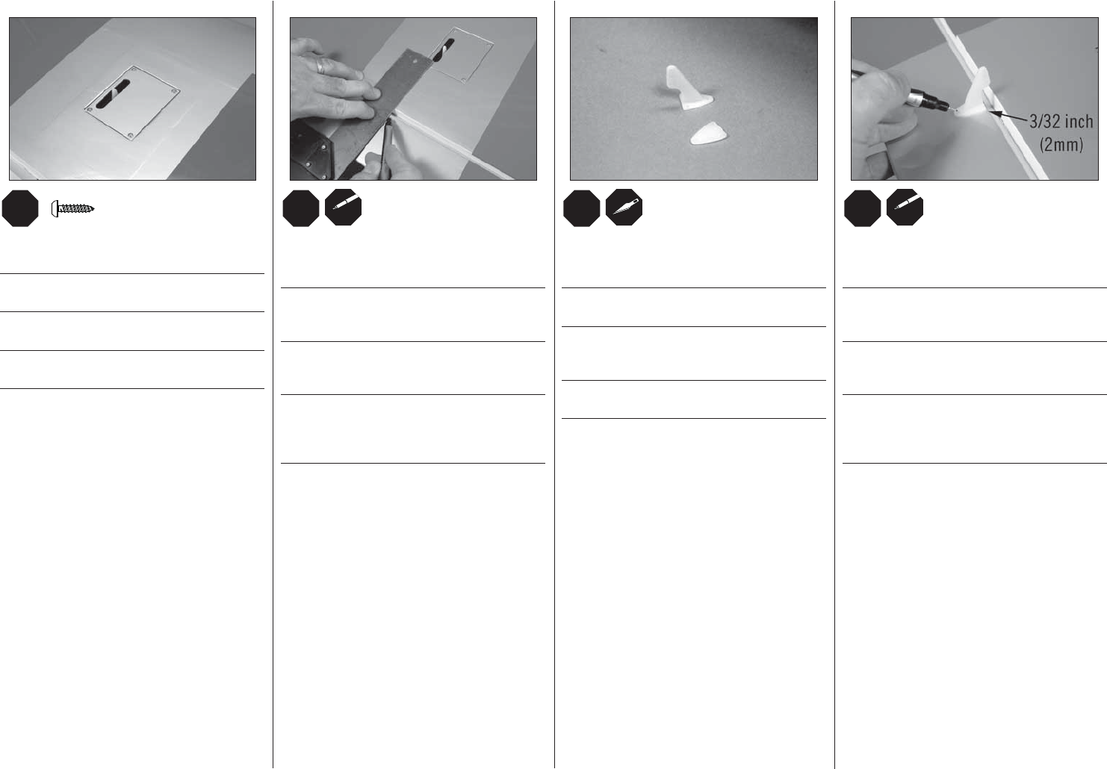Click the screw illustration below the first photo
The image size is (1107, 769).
pos(72,209)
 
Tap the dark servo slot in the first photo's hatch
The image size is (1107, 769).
pos(114,93)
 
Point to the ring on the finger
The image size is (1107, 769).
pos(321,66)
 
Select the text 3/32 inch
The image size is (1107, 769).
pos(1061,122)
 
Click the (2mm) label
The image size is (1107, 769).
pos(1061,145)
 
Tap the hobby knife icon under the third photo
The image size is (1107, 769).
pos(624,208)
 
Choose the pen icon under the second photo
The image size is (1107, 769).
pos(344,208)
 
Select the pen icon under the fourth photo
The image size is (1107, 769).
pos(905,208)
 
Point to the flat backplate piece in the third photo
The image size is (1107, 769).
pos(708,134)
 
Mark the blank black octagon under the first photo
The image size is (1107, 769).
pos(20,208)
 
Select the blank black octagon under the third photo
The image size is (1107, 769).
pos(582,208)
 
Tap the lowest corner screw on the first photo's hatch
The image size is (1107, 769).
pos(130,135)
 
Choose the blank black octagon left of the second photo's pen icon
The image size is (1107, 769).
pos(301,208)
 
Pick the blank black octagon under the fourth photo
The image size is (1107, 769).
pos(863,208)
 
